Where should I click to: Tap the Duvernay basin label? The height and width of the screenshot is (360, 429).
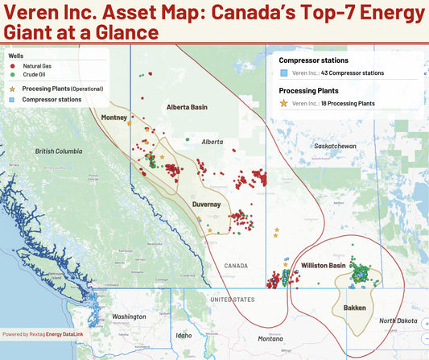[x=206, y=205]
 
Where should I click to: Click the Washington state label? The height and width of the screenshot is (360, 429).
[x=130, y=317]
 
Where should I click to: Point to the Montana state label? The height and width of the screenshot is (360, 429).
[x=270, y=338]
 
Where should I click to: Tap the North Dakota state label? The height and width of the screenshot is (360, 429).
[x=398, y=321]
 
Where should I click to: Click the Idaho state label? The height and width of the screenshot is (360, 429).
[x=184, y=335]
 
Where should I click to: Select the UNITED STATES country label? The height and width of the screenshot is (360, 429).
[x=232, y=299]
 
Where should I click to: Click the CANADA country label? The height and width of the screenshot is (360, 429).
[x=237, y=265]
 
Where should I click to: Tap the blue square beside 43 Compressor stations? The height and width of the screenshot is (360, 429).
[x=284, y=72]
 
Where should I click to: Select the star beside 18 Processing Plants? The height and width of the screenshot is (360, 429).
[x=284, y=103]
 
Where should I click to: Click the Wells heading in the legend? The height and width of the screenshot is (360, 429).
[x=15, y=57]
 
